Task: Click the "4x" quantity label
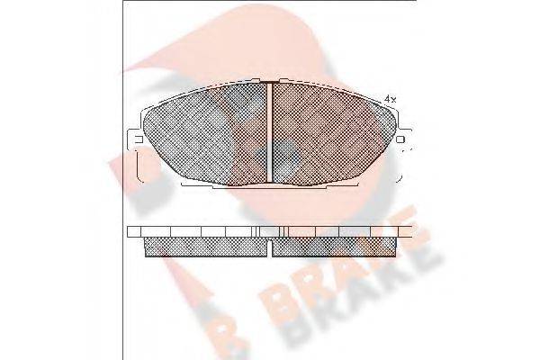tap(390, 97)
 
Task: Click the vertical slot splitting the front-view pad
tap(271, 130)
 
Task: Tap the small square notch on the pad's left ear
tap(138, 139)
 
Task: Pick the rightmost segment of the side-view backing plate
tap(404, 230)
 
